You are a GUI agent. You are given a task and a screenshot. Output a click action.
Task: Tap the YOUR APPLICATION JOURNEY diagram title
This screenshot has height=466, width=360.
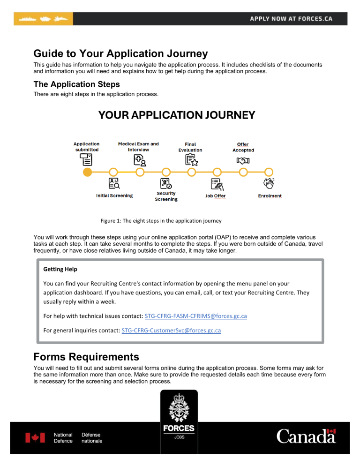[x=176, y=115]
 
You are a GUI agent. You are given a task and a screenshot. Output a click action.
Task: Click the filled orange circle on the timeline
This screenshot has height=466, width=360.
[x=87, y=172]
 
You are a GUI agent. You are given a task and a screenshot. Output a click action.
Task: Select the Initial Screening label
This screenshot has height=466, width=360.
[x=114, y=195]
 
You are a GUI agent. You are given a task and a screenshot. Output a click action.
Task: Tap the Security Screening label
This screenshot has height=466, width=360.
[x=166, y=196]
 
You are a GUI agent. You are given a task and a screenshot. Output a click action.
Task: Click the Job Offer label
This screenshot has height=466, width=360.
[x=215, y=195]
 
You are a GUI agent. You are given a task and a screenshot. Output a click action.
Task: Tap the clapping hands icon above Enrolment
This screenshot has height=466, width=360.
[x=269, y=183]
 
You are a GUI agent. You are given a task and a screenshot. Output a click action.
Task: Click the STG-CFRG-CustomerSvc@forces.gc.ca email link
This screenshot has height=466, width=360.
[x=171, y=331]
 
